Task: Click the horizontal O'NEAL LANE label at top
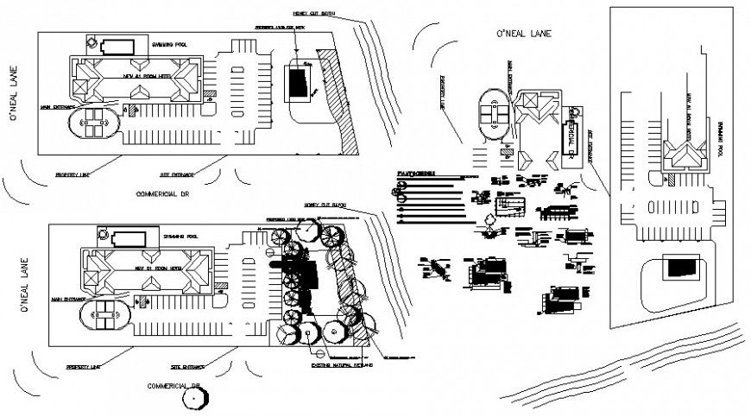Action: click(523, 34)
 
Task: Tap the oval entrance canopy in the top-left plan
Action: click(96, 123)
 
